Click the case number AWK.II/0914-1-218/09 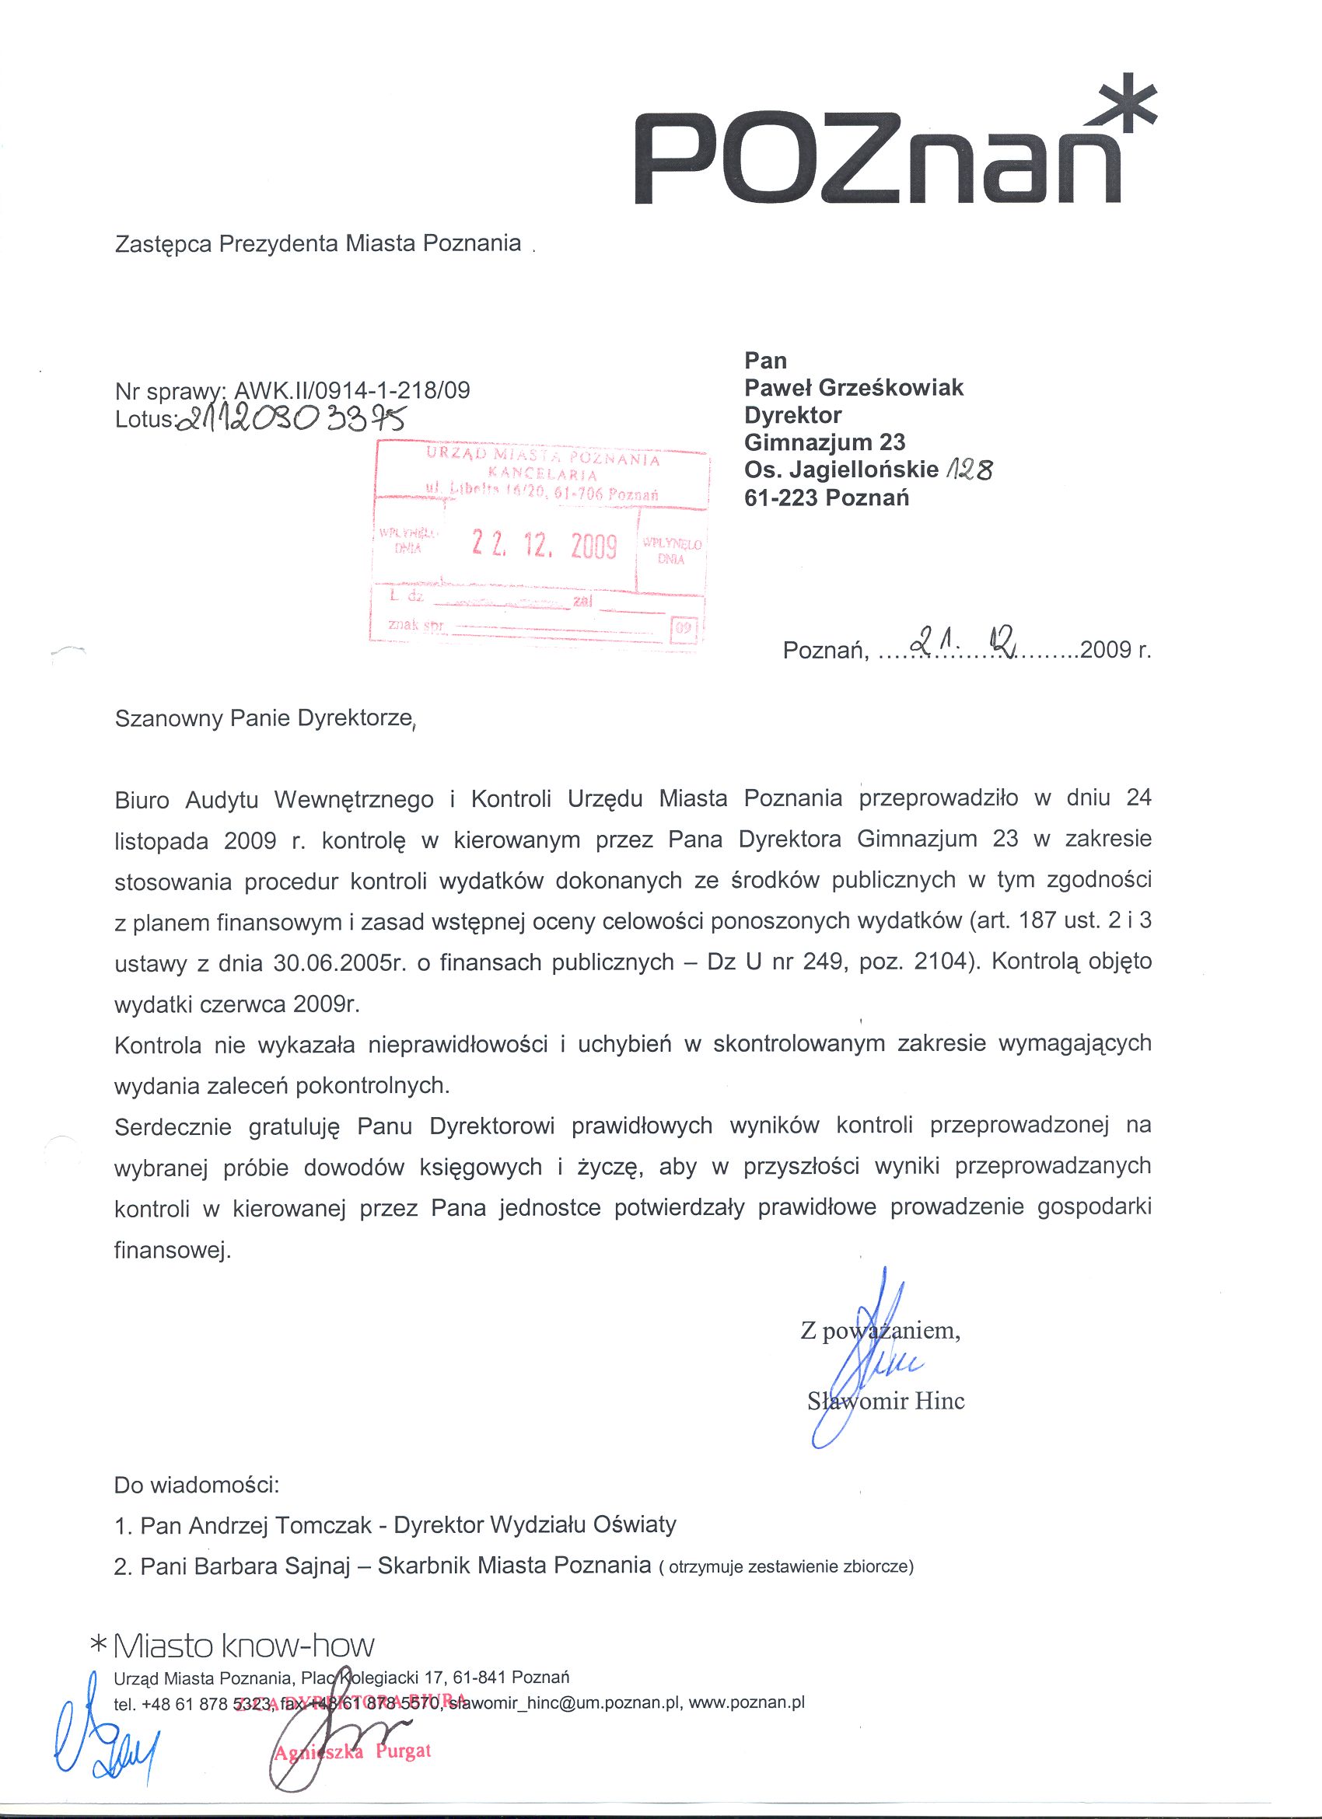coord(351,390)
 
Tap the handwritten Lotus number coord(293,417)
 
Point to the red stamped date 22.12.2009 coord(544,546)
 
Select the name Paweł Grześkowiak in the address coord(854,388)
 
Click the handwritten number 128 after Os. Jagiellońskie coord(969,470)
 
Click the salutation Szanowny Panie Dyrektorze coord(264,717)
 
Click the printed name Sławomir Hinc coord(886,1401)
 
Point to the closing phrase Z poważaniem coord(880,1332)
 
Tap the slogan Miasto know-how coord(244,1646)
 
